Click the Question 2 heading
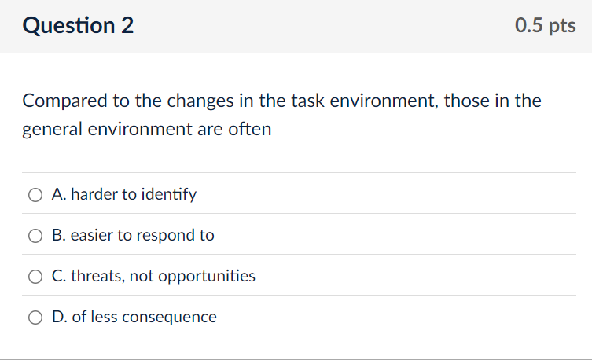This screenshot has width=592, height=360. coord(78,26)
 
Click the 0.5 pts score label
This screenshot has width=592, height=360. coord(545,26)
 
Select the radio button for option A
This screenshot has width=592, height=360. coord(36,194)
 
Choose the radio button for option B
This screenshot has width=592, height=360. coord(36,235)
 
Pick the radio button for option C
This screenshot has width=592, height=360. coord(36,276)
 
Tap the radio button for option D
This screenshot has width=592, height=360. coord(36,317)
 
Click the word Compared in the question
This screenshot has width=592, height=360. coord(58,101)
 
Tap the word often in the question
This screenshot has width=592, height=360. coord(251,130)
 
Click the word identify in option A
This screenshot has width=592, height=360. coord(169,194)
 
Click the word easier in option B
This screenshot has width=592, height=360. coord(92,235)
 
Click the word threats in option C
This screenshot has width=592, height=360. coord(97,276)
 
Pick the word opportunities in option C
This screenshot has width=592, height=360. coord(208,276)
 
